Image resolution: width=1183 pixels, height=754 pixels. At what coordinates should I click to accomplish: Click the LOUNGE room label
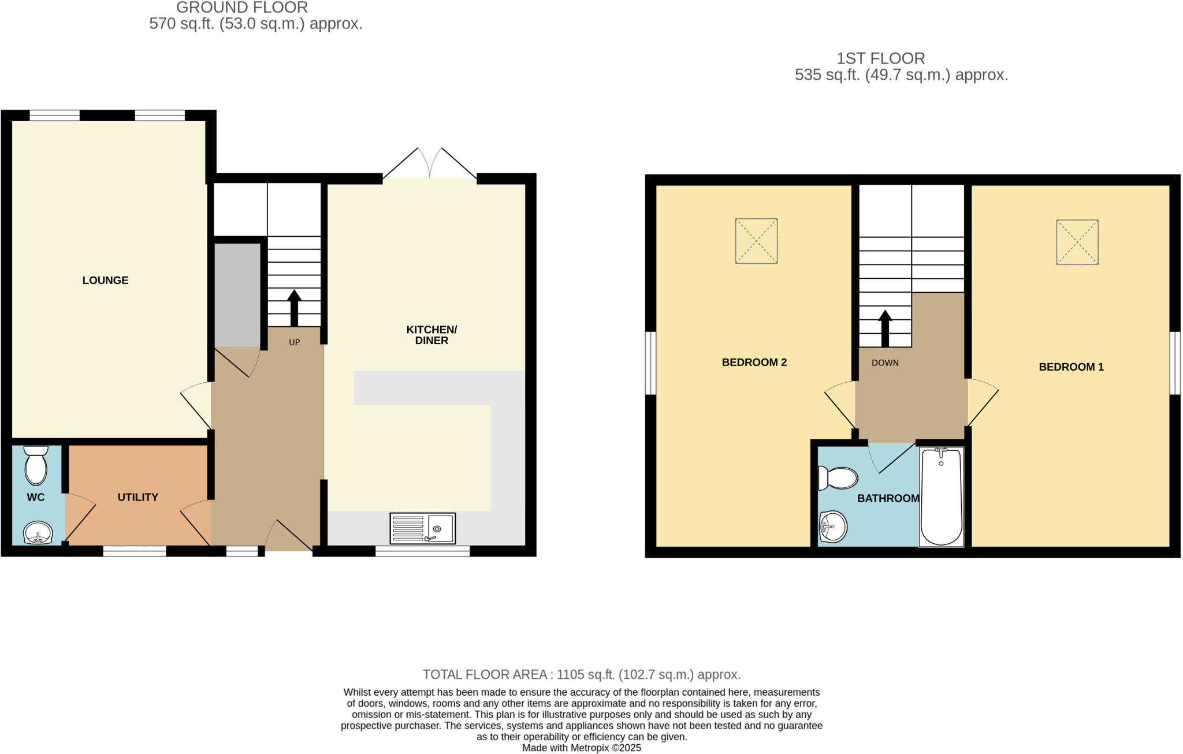coord(105,281)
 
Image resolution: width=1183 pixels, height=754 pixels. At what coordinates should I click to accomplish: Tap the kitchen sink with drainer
coord(422,528)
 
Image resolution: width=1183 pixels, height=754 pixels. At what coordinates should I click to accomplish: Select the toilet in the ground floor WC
coord(36,465)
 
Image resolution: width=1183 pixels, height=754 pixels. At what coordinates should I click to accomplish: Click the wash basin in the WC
coord(38,532)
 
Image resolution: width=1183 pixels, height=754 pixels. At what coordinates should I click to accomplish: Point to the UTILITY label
coord(137,497)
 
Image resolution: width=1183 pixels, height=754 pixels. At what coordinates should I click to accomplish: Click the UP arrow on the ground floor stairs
coord(294,308)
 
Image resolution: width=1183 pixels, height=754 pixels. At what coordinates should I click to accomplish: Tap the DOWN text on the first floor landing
coord(885,363)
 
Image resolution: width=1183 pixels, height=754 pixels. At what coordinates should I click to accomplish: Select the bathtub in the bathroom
coord(941,497)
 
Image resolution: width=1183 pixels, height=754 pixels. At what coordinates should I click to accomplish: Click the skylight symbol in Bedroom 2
coord(756,241)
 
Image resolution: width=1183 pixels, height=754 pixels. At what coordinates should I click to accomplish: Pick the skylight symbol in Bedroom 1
coord(1077,242)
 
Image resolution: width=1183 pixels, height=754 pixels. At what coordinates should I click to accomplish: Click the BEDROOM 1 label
coord(1071,367)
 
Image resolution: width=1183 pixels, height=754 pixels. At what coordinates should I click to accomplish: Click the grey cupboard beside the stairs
coord(237,294)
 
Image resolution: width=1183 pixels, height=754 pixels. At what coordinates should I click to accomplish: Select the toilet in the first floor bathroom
coord(838,478)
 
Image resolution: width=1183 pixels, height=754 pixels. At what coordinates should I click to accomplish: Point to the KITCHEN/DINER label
coord(431,335)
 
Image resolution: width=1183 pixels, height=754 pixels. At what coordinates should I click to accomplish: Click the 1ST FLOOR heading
coord(880,58)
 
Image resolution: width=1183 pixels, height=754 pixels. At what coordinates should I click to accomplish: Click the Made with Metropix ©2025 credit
coord(581,748)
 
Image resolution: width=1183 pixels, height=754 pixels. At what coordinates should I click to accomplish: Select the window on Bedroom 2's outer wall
coord(650,363)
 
